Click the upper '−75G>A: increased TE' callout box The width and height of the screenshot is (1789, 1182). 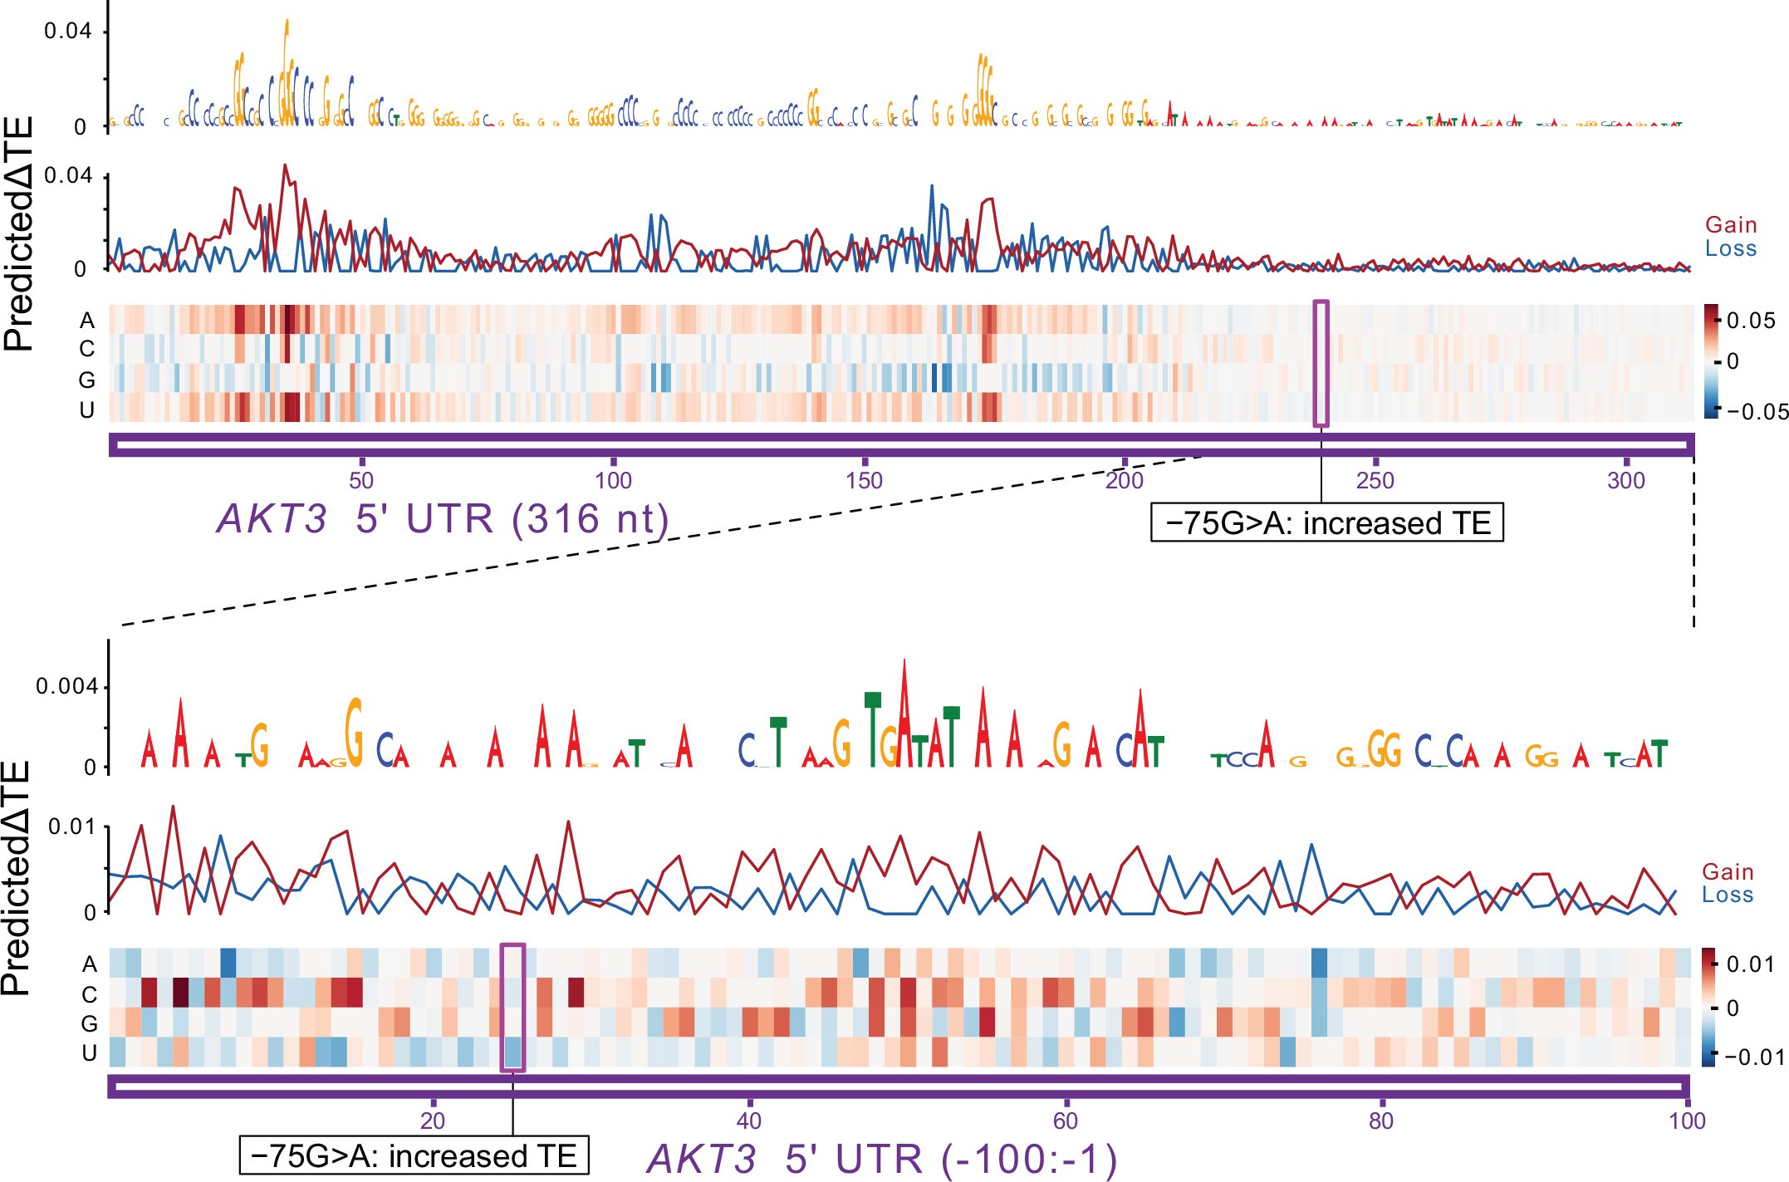coord(1326,523)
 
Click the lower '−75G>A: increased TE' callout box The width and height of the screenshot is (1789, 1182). coord(414,1155)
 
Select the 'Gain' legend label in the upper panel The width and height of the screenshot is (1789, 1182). coord(1731,225)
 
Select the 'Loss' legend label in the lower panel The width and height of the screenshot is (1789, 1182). coord(1728,895)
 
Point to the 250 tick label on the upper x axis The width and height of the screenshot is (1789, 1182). coord(1375,480)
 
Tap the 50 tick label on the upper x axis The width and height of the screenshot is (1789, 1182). coord(361,480)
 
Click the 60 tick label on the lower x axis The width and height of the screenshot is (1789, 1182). coord(1065,1121)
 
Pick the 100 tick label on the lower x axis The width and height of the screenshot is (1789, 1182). coord(1687,1121)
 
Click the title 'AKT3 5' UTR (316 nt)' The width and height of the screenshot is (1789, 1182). coord(443,519)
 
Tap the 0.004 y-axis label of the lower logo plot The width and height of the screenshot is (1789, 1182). coord(66,686)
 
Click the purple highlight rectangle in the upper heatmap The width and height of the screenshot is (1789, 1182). coord(1321,364)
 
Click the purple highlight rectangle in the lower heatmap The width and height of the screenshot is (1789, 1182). coord(512,1008)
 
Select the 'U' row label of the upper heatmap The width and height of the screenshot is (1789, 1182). coord(87,410)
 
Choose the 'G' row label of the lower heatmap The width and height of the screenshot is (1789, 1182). coord(89,1023)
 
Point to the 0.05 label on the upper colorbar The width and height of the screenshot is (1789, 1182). coord(1751,321)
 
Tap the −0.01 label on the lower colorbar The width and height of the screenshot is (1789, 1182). coord(1754,1057)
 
